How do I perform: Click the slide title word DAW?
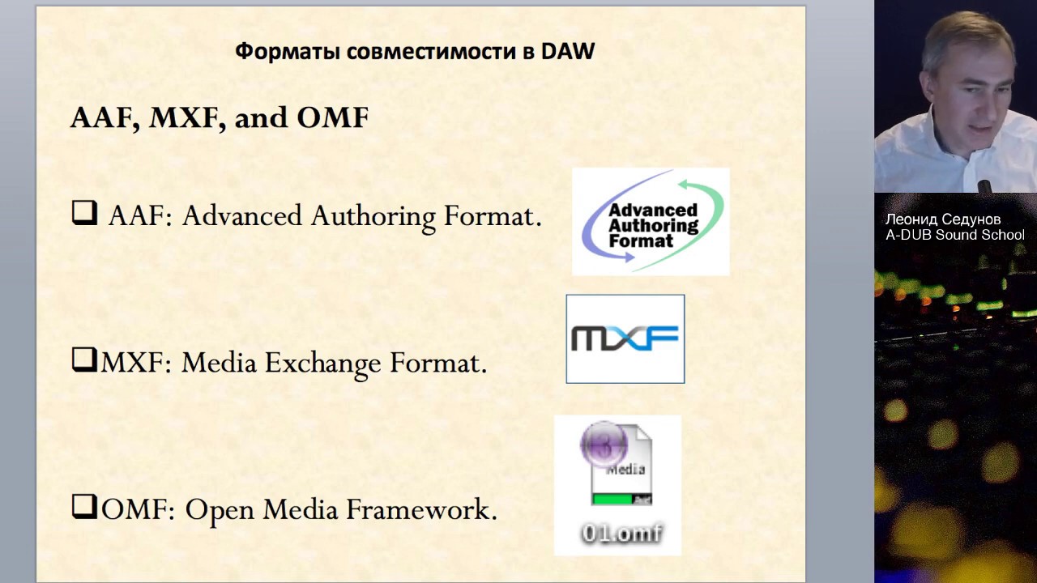coord(568,52)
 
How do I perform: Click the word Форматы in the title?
coord(288,52)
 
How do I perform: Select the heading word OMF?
coord(333,118)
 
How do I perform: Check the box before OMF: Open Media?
coord(84,506)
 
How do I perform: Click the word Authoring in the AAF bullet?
coord(373,217)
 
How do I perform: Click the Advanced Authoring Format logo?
coord(651,222)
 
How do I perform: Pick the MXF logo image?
coord(625,338)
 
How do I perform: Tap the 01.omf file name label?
coord(621,534)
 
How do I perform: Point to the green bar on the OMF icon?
coord(614,499)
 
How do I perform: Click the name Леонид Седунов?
coord(942,219)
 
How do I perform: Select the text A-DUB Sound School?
coord(954,235)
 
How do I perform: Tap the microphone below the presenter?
coord(985,186)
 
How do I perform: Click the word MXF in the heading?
coord(186,118)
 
